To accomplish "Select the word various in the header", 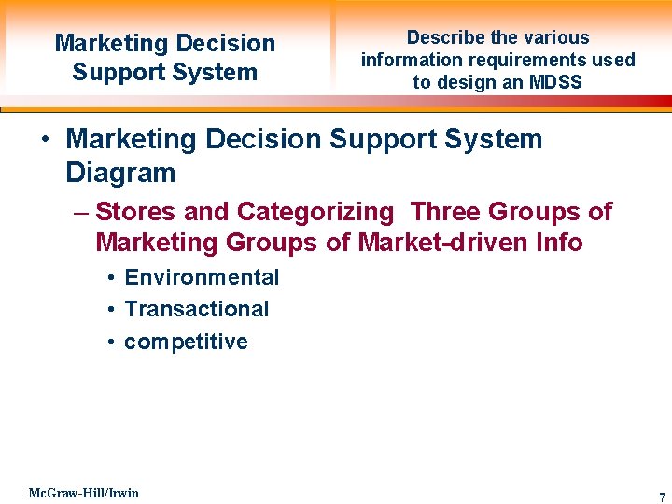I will (x=555, y=38).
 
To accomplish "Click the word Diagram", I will (x=120, y=173).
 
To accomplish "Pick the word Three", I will (x=446, y=212).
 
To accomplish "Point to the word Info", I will (x=560, y=243).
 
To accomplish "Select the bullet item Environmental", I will (x=202, y=277).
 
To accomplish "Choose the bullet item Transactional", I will (x=196, y=309).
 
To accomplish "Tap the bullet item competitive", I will (x=186, y=342).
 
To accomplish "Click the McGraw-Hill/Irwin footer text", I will (x=84, y=493).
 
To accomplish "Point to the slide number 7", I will (x=662, y=497).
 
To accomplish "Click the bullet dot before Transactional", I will (x=110, y=310).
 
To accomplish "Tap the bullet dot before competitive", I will (x=110, y=343).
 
